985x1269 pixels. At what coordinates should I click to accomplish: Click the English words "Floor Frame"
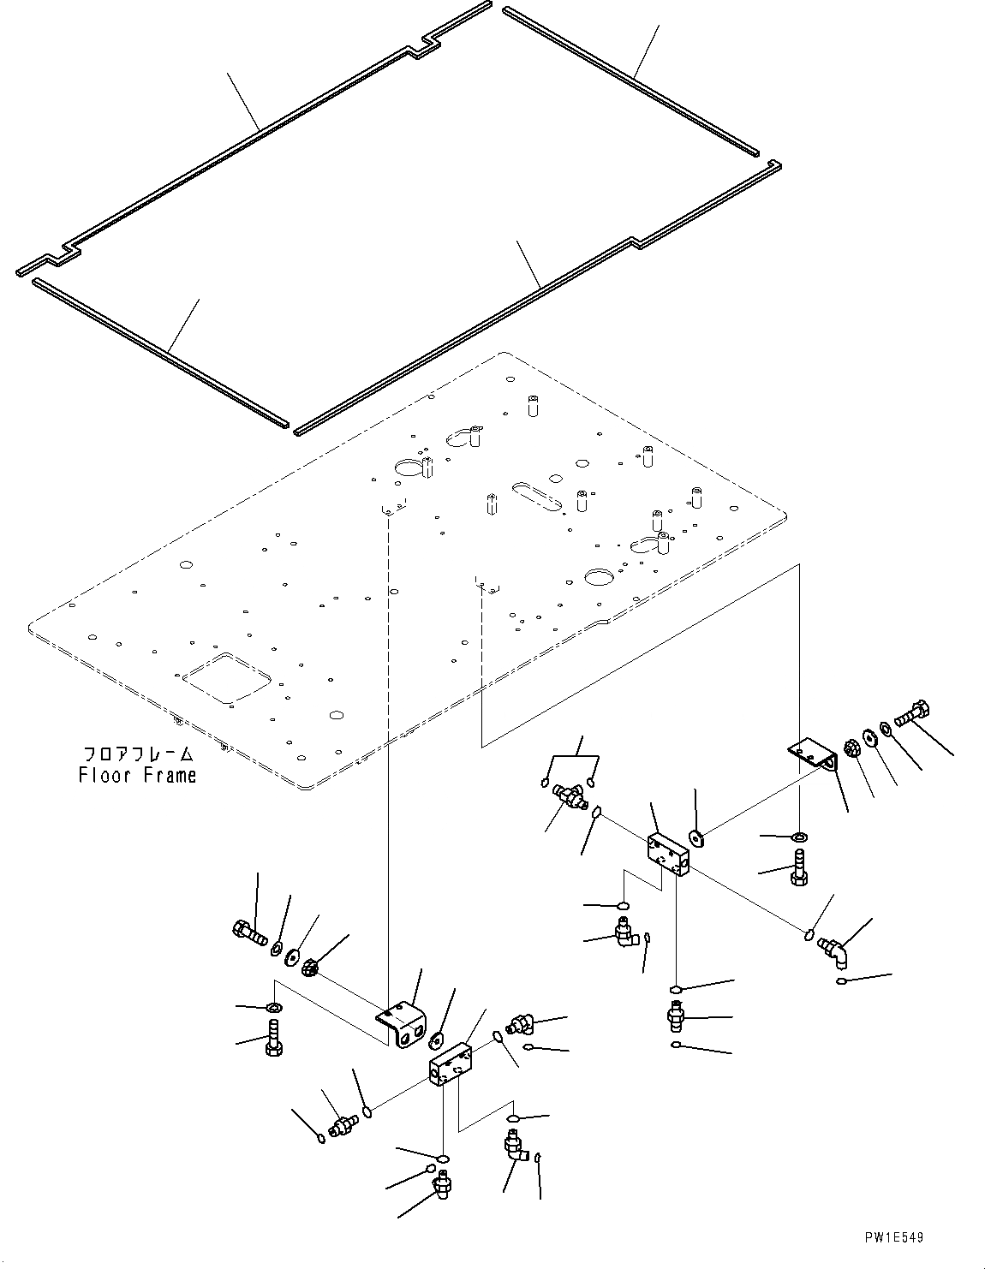click(x=137, y=776)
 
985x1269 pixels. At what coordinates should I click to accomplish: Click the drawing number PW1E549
click(x=894, y=1237)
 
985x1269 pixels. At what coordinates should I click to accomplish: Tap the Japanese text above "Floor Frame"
click(x=138, y=754)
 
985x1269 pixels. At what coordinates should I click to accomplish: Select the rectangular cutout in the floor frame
click(x=227, y=678)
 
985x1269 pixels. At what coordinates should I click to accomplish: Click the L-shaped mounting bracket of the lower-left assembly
click(x=402, y=1023)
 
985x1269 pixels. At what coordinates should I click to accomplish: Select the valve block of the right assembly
click(x=669, y=854)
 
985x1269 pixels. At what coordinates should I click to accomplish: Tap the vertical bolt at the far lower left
click(x=274, y=1034)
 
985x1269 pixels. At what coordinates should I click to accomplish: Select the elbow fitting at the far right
click(x=835, y=950)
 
